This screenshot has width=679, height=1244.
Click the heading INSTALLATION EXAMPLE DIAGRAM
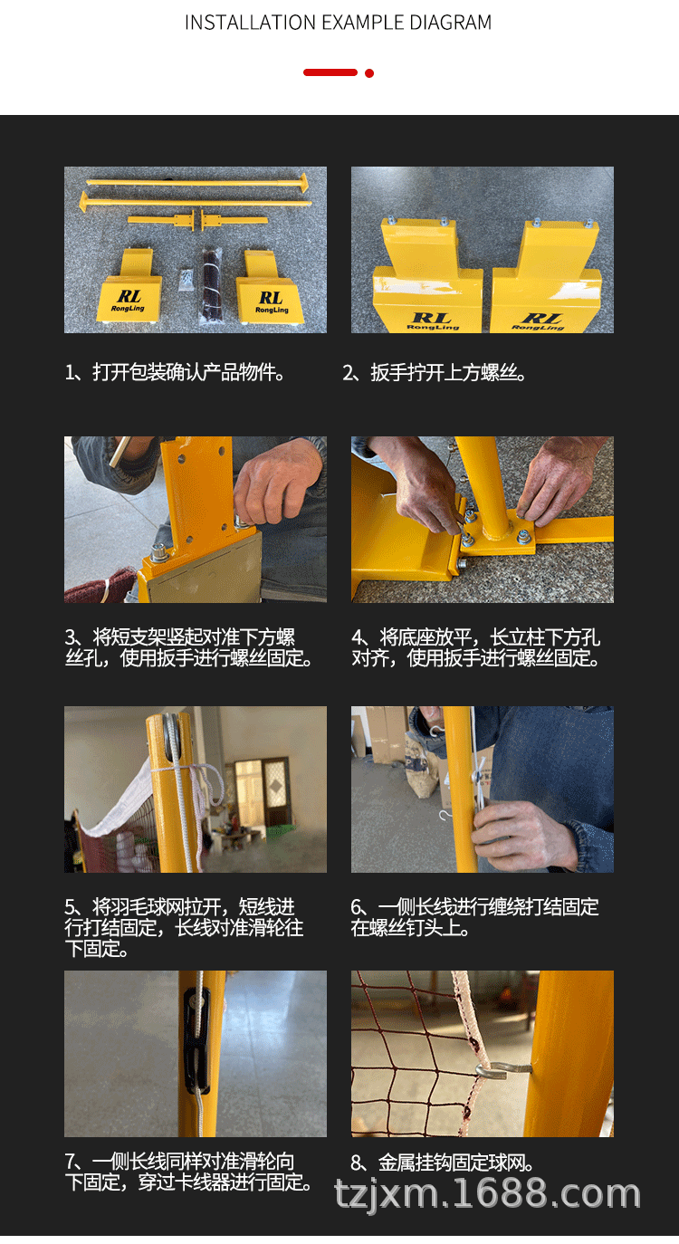pyautogui.click(x=338, y=23)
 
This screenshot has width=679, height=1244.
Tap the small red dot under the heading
pyautogui.click(x=369, y=73)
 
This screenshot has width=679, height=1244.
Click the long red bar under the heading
pyautogui.click(x=330, y=72)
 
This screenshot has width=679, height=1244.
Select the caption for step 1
pyautogui.click(x=175, y=372)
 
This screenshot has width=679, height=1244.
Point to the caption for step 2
pyautogui.click(x=435, y=372)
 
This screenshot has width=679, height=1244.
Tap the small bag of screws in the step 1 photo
pyautogui.click(x=186, y=280)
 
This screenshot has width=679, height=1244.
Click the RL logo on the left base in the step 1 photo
pyautogui.click(x=129, y=300)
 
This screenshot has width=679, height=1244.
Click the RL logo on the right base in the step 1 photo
pyautogui.click(x=272, y=302)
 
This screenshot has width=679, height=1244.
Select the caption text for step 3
pyautogui.click(x=189, y=647)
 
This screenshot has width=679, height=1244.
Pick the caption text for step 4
pyautogui.click(x=476, y=647)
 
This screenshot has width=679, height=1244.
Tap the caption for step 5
pyautogui.click(x=184, y=927)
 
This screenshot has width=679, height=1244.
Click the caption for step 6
pyautogui.click(x=474, y=917)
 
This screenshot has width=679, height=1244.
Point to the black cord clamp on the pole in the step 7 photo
pyautogui.click(x=197, y=1039)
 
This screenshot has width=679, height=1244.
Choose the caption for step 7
pyautogui.click(x=189, y=1172)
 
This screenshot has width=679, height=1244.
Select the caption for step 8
pyautogui.click(x=443, y=1163)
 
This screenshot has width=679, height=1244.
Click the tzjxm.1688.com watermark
pyautogui.click(x=487, y=1194)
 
